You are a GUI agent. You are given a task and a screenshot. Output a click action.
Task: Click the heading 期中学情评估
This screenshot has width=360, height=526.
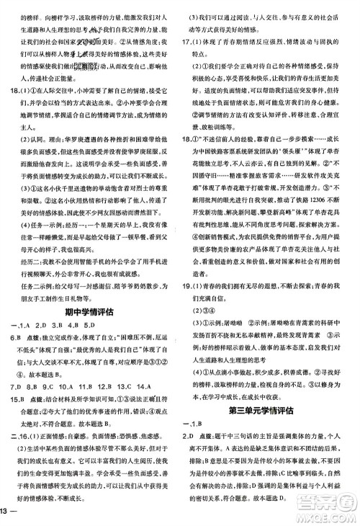coord(89,291)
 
